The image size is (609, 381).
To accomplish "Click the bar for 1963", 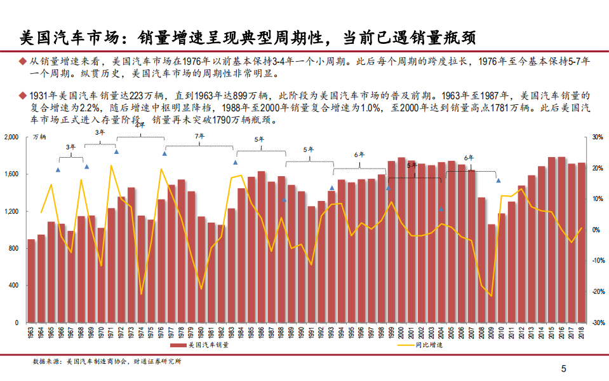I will pyautogui.click(x=31, y=281).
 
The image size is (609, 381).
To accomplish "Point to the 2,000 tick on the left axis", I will pyautogui.click(x=12, y=137).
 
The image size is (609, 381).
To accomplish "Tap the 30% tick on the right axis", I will pyautogui.click(x=597, y=137).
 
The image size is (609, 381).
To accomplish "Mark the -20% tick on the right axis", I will pyautogui.click(x=597, y=291).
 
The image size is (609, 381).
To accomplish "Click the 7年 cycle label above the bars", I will pyautogui.click(x=199, y=136).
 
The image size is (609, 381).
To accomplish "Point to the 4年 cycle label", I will pyautogui.click(x=140, y=125).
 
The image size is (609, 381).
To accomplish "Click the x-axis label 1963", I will pyautogui.click(x=31, y=332).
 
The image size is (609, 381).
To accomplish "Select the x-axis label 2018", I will pyautogui.click(x=581, y=332).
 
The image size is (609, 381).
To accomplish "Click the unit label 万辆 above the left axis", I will pyautogui.click(x=39, y=137).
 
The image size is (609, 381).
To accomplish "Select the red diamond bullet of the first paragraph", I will pyautogui.click(x=24, y=62).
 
